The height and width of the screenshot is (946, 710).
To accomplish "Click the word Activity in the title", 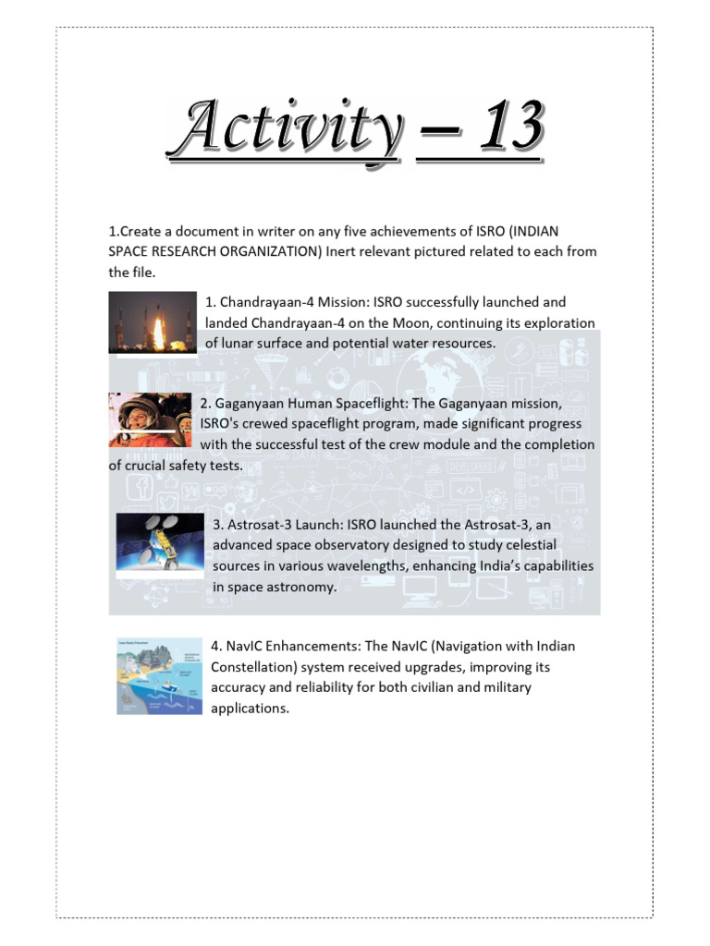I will [x=284, y=130].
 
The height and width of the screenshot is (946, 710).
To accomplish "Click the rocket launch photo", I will [x=153, y=322].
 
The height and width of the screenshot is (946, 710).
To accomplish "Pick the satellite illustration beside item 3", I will [x=160, y=546].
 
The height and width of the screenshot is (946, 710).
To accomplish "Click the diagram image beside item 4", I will [x=159, y=675].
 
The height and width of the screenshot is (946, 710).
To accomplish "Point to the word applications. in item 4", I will [x=250, y=709].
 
